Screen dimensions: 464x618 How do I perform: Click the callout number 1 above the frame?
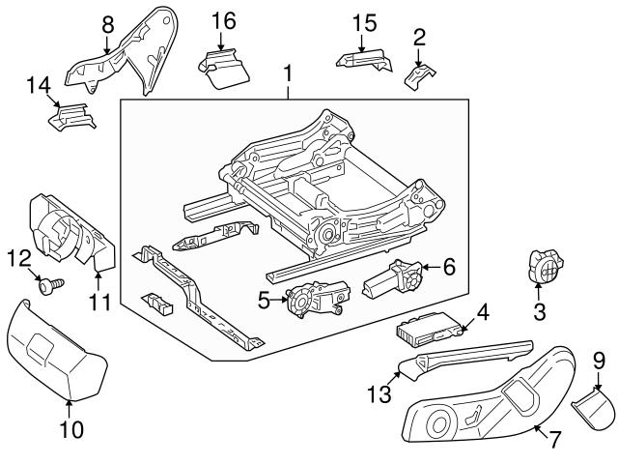click(287, 73)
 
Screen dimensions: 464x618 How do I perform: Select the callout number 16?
click(223, 20)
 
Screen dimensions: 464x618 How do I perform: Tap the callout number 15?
click(363, 20)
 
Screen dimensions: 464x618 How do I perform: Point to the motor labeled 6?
click(391, 280)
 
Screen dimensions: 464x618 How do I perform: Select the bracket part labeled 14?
click(72, 121)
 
